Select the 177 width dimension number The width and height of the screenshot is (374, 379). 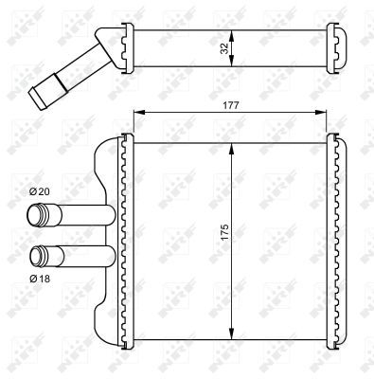tap(231, 106)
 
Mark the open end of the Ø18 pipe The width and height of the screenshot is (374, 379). tap(39, 255)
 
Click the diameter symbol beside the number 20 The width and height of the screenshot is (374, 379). tap(32, 193)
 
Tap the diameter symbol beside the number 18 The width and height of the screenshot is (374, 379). tap(32, 279)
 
